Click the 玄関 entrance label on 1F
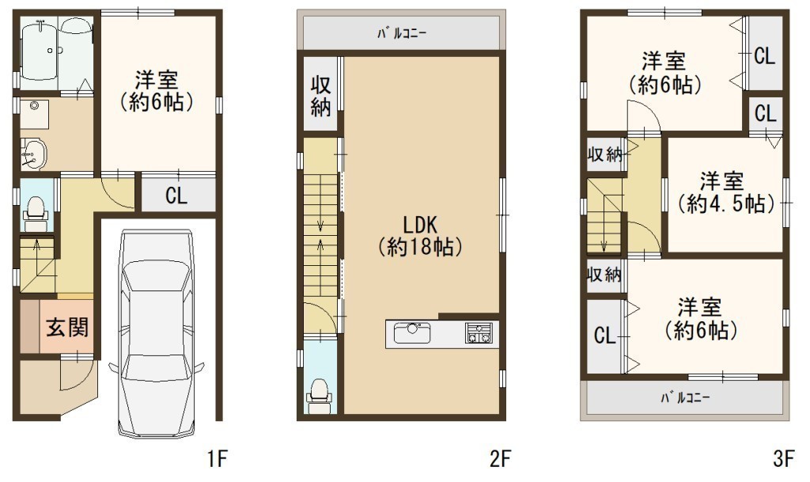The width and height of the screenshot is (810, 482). (x=68, y=327)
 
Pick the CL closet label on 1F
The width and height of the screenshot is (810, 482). (x=176, y=195)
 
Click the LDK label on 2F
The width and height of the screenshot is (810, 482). (x=420, y=226)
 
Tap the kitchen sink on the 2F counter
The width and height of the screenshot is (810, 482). (x=412, y=332)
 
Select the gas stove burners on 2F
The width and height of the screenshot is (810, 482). (x=479, y=332)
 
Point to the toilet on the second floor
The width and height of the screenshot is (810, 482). (x=320, y=396)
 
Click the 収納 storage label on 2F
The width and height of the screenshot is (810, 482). (x=320, y=97)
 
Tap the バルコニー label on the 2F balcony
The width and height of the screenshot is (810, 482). (x=401, y=34)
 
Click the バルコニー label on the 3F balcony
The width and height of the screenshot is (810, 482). (x=685, y=398)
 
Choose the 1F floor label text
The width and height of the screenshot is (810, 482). (x=218, y=459)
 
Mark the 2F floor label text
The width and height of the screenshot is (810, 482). (x=500, y=459)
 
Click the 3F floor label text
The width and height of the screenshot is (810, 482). (x=783, y=459)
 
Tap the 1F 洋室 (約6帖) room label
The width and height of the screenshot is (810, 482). (x=157, y=91)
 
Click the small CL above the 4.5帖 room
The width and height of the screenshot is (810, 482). (x=765, y=113)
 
